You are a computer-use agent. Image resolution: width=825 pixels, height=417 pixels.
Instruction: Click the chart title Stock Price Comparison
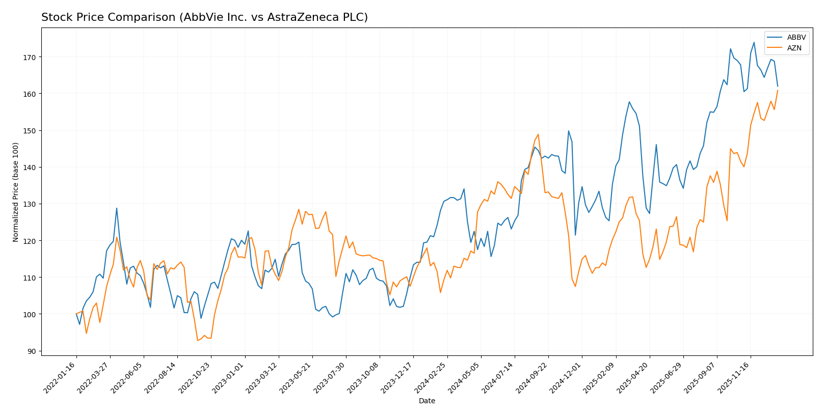coord(204,17)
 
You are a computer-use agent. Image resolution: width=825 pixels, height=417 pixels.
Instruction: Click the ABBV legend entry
coord(796,38)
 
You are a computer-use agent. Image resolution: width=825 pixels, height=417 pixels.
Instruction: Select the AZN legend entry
coord(794,48)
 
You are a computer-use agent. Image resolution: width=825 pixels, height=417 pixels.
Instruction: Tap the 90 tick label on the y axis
coord(31,351)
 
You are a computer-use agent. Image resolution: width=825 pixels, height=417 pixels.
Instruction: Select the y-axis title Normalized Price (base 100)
coord(15,192)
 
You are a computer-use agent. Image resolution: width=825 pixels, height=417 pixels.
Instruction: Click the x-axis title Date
coord(427,401)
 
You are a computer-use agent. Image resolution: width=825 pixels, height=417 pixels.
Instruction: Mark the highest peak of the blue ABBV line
coord(754,42)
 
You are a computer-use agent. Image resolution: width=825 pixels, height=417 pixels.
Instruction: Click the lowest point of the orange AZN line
coord(197,340)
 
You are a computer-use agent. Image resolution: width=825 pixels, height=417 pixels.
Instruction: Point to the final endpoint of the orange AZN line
coord(778,90)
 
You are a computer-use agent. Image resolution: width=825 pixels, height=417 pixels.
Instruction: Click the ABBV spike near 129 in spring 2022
coord(117,208)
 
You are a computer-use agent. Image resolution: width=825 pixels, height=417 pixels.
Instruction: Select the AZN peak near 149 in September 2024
coord(538,134)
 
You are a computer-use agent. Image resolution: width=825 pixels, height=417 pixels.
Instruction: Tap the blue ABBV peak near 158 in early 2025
coord(629,102)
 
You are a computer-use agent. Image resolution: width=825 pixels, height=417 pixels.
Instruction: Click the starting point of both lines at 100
coord(76,314)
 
